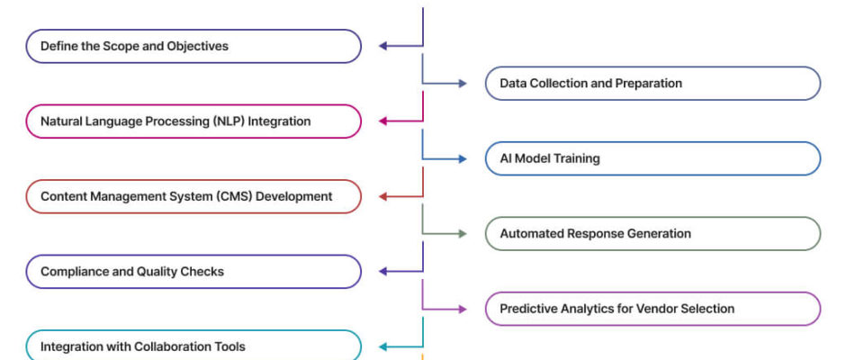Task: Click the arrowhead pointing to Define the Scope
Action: tap(382, 46)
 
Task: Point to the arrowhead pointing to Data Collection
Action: tap(463, 83)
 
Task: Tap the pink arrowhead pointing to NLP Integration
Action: tap(382, 121)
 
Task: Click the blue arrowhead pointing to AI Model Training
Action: tap(463, 158)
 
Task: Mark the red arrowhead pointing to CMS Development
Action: tap(382, 196)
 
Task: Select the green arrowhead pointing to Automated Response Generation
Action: tap(463, 234)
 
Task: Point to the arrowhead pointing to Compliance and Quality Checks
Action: tap(382, 272)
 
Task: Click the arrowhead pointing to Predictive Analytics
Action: tap(463, 309)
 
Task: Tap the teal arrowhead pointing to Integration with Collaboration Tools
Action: tap(382, 346)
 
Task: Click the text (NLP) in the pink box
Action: tap(229, 121)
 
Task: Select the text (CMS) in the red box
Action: tap(236, 196)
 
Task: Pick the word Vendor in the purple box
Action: tap(654, 309)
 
